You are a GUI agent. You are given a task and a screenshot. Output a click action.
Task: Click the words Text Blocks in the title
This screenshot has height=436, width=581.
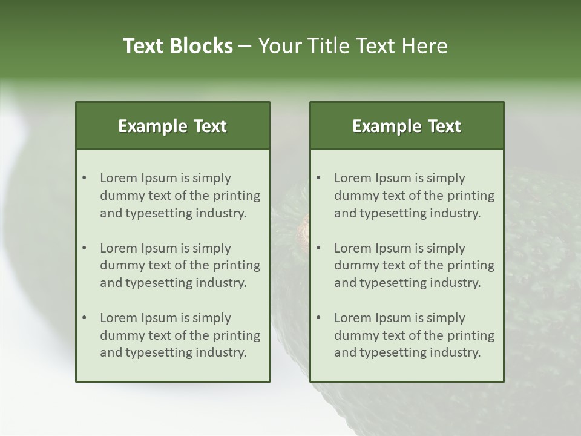[177, 46]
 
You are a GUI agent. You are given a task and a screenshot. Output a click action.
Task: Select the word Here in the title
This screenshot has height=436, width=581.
[427, 46]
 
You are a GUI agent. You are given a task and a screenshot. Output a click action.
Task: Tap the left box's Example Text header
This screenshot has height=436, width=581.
[172, 126]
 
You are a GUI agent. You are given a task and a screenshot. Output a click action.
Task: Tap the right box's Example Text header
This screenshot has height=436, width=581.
[407, 126]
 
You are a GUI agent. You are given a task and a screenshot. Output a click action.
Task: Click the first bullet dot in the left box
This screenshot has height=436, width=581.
[84, 178]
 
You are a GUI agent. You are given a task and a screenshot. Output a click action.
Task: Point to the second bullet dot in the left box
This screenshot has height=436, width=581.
[84, 248]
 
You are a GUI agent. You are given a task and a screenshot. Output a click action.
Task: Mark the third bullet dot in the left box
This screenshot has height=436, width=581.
[84, 318]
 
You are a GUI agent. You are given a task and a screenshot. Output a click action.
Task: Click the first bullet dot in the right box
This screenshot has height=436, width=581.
[318, 178]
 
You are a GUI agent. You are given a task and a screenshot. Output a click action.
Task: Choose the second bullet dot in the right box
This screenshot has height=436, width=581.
[318, 248]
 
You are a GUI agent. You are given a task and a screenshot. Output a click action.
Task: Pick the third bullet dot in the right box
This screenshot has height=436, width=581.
[318, 318]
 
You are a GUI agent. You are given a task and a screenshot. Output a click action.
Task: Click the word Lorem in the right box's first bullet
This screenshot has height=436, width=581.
[352, 178]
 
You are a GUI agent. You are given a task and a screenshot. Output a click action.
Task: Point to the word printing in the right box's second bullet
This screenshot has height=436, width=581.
[472, 265]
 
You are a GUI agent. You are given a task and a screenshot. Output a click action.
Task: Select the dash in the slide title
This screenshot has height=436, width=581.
[245, 46]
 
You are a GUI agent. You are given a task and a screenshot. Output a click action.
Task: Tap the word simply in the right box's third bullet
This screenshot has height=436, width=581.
[446, 318]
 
